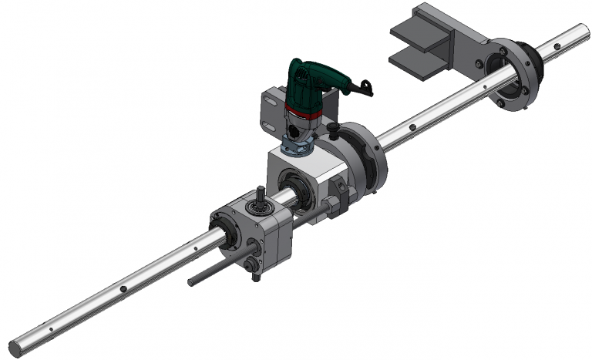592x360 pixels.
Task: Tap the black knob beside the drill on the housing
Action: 333,126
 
